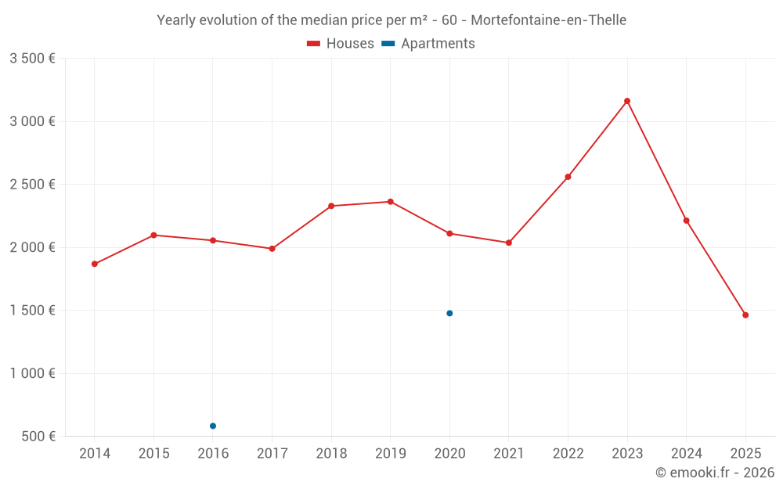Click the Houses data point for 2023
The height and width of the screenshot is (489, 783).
pyautogui.click(x=627, y=101)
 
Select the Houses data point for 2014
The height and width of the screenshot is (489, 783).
pyautogui.click(x=95, y=264)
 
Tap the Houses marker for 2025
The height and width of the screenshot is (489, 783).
pyautogui.click(x=745, y=315)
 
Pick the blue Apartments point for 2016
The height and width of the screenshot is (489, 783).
pyautogui.click(x=213, y=426)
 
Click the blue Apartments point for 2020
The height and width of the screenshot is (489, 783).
pyautogui.click(x=449, y=313)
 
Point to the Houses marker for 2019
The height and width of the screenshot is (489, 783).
pyautogui.click(x=391, y=202)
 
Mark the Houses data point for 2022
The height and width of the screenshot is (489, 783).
pyautogui.click(x=568, y=177)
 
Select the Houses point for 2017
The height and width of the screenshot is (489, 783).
pyautogui.click(x=272, y=249)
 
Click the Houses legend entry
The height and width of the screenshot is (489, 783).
pyautogui.click(x=341, y=44)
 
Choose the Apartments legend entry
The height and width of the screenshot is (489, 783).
pyautogui.click(x=429, y=44)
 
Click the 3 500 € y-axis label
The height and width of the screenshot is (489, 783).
pyautogui.click(x=32, y=59)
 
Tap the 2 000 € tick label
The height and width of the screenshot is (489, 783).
pyautogui.click(x=32, y=247)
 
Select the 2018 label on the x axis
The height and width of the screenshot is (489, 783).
pyautogui.click(x=331, y=454)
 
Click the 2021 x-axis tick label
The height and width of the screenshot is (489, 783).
pyautogui.click(x=509, y=454)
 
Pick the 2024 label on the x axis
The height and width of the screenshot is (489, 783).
pyautogui.click(x=686, y=454)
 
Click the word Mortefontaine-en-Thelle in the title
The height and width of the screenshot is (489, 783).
pyautogui.click(x=548, y=20)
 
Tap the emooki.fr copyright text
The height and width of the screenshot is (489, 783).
pyautogui.click(x=714, y=473)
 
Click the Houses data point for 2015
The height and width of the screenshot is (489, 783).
pyautogui.click(x=153, y=235)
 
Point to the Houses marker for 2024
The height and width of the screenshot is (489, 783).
pyautogui.click(x=686, y=221)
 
